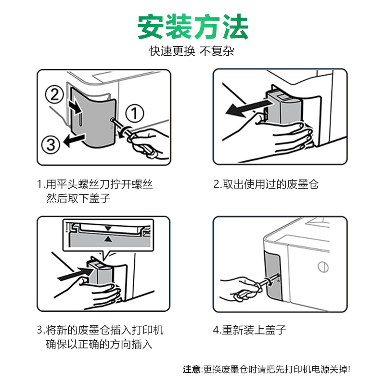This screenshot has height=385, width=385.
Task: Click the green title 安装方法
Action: tap(193, 27)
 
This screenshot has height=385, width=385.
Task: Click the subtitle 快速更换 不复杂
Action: tap(192, 51)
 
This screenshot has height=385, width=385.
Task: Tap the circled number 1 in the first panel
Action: tap(135, 113)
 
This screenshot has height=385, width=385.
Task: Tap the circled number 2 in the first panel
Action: tap(54, 94)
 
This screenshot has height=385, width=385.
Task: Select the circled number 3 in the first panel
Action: tap(51, 144)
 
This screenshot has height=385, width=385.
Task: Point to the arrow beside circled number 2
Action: tap(76, 108)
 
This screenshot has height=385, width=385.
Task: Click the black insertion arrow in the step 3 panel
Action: tap(76, 274)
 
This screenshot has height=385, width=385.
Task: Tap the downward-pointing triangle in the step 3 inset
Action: tap(108, 229)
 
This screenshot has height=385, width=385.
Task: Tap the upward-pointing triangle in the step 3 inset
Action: tap(108, 238)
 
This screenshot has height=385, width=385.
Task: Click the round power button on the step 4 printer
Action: tap(323, 267)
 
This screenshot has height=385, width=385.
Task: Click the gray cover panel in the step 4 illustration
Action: tap(273, 275)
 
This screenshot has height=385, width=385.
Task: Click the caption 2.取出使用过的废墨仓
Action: tap(266, 184)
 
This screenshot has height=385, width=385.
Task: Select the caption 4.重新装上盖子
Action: tap(249, 330)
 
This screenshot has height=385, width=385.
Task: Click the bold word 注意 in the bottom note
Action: tap(192, 369)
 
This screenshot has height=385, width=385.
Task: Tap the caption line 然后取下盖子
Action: tap(78, 198)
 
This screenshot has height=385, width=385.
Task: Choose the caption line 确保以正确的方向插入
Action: tap(99, 344)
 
